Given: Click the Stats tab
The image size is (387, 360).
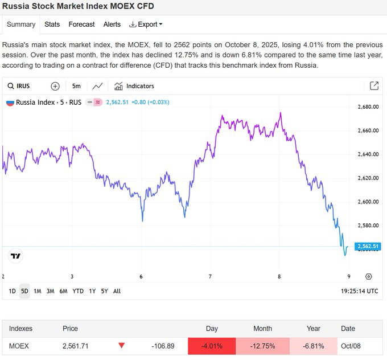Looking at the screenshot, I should click(x=52, y=24).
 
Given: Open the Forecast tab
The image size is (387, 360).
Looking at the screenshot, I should click(x=81, y=24).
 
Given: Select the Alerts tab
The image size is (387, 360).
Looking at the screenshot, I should click(x=112, y=24).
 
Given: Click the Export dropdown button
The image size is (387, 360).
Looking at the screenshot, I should click(x=146, y=24).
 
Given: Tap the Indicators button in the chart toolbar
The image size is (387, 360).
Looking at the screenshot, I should click(x=134, y=86).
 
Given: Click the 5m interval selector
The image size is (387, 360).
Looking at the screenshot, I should click(x=76, y=86).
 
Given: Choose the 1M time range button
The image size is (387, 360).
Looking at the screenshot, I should click(x=38, y=291).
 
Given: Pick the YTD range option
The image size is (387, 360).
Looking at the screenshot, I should click(x=78, y=291).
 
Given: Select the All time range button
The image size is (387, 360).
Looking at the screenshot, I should click(x=117, y=291).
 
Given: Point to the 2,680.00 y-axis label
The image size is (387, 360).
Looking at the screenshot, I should click(x=368, y=107).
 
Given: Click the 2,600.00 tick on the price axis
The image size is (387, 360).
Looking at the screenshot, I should click(x=368, y=202).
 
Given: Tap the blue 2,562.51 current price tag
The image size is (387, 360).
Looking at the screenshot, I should click(x=368, y=247).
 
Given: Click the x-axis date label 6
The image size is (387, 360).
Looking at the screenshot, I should click(x=141, y=276).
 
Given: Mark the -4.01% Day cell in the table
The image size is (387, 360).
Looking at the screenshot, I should click(x=212, y=346).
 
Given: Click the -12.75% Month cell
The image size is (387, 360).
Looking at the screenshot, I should click(x=262, y=346).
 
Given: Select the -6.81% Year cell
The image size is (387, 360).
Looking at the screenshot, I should click(x=314, y=346).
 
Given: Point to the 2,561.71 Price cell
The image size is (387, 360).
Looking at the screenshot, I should click(x=75, y=346).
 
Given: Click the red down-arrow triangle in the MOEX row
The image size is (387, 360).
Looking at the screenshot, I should click(x=121, y=345).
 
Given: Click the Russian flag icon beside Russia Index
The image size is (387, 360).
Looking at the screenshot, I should click(x=10, y=103).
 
